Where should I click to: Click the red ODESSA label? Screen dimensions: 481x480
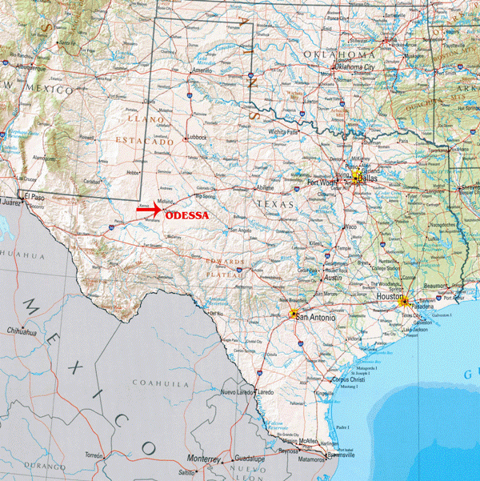click(x=186, y=215)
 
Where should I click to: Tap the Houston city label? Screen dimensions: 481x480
click(x=390, y=296)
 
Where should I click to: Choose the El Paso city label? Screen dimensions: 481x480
click(x=34, y=195)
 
